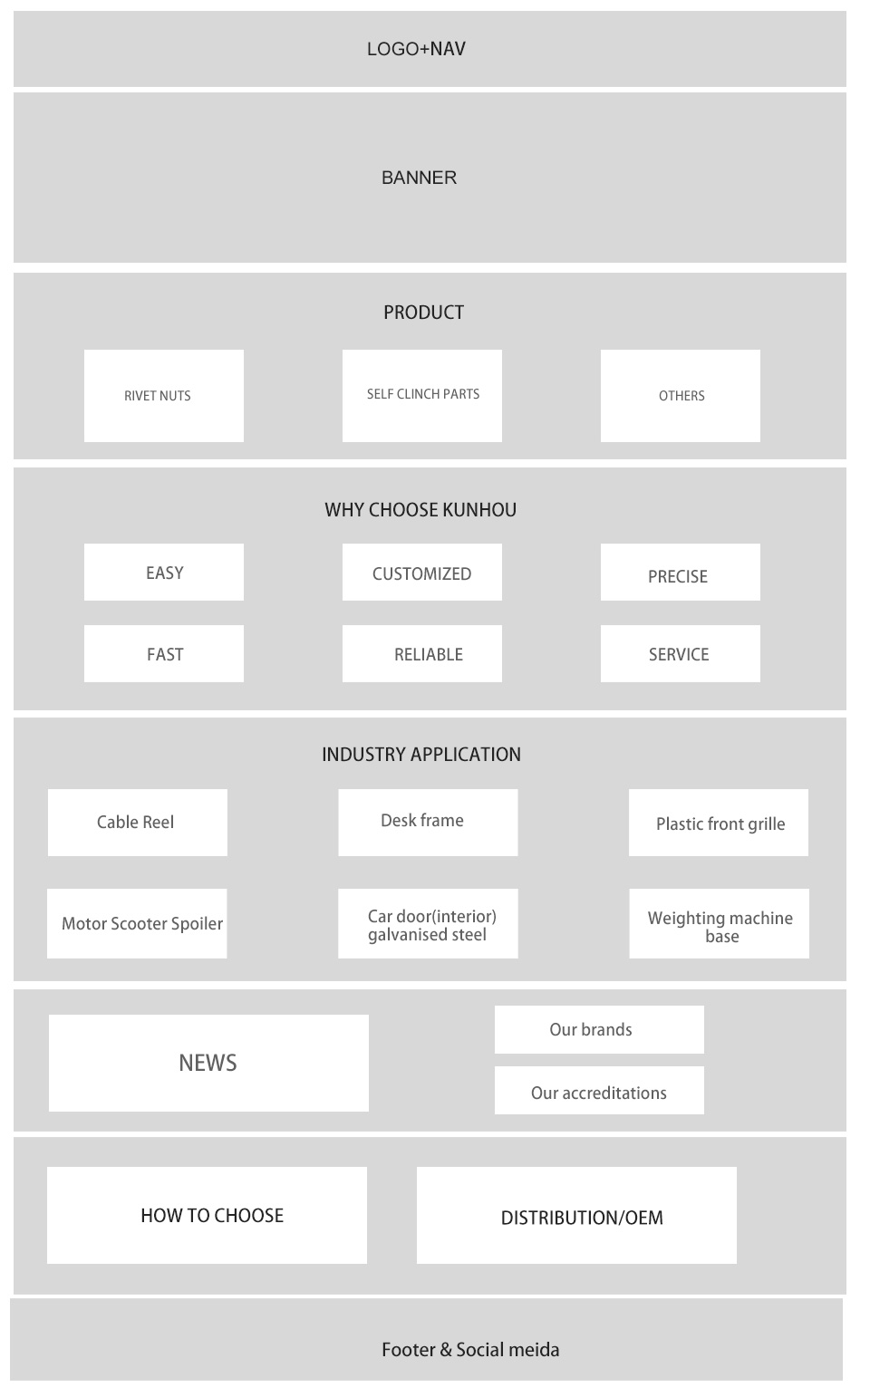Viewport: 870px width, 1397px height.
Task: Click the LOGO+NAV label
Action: tap(416, 49)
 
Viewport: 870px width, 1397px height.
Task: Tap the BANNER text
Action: tap(419, 178)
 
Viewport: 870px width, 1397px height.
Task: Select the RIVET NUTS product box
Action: tap(164, 396)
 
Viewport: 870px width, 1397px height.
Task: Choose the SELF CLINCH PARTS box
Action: tap(422, 396)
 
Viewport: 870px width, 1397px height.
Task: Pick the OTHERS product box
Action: tap(681, 396)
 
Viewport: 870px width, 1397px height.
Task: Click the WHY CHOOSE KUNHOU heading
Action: tap(420, 510)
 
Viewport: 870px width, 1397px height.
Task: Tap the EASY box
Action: tap(164, 573)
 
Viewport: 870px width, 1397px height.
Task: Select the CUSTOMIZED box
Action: tap(422, 573)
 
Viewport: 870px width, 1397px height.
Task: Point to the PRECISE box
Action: tap(681, 573)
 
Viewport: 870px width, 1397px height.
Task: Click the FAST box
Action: tap(164, 653)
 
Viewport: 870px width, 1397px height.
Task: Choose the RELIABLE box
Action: tap(422, 653)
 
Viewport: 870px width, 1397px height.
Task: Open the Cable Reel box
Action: tap(138, 823)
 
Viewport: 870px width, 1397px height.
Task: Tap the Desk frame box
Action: tap(428, 823)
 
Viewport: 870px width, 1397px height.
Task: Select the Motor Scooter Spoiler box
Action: tap(137, 924)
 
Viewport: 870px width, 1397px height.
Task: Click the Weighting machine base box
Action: tap(719, 924)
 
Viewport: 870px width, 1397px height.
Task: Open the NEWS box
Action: tap(209, 1064)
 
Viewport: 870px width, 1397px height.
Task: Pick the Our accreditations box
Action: tap(599, 1091)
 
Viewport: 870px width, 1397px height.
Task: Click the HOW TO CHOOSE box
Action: tap(207, 1216)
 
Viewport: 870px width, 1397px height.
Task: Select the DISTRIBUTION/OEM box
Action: tap(577, 1216)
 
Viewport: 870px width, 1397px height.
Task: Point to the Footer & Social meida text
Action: tap(470, 1350)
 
